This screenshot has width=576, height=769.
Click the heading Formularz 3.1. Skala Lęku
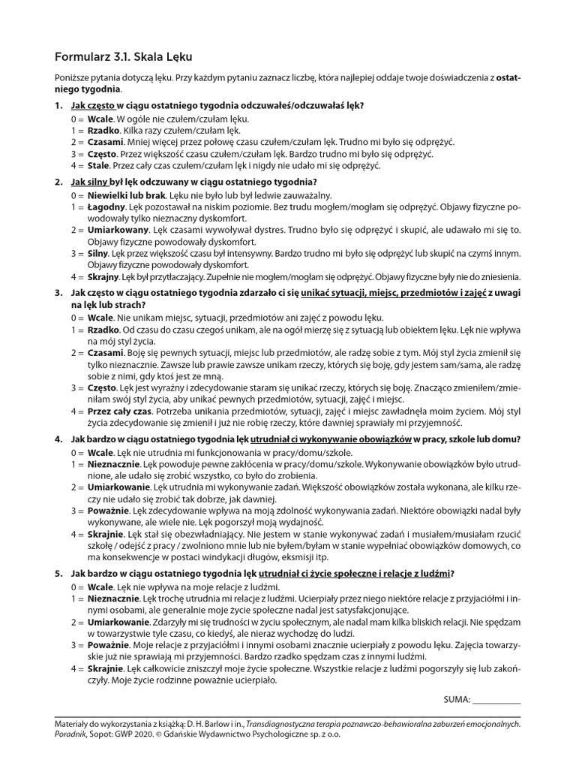(x=128, y=57)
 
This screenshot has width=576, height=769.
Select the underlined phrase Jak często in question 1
(x=93, y=106)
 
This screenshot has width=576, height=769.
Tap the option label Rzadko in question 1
(x=103, y=130)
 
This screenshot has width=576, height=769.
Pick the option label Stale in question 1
(x=98, y=165)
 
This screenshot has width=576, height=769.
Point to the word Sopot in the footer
(x=113, y=737)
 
